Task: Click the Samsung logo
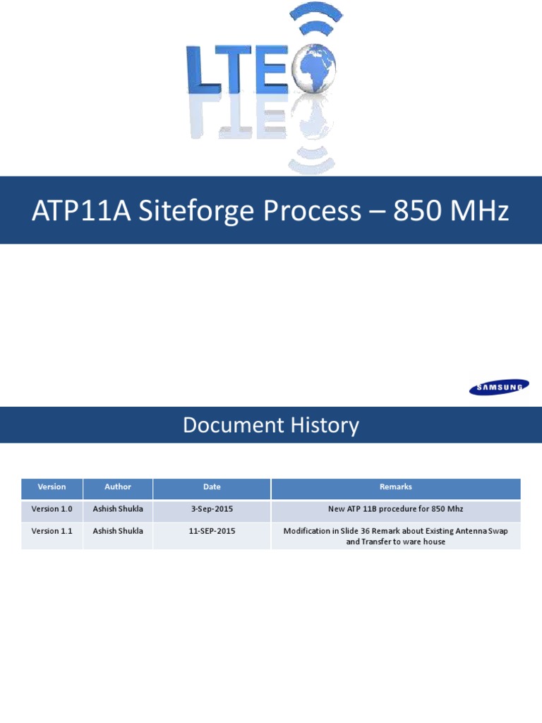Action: (x=500, y=386)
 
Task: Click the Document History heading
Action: (x=271, y=425)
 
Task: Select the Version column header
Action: (x=52, y=487)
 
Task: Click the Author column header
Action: (x=118, y=487)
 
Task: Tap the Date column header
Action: (x=212, y=487)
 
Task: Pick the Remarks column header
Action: (x=395, y=487)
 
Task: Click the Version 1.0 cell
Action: (x=52, y=508)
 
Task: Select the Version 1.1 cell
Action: (x=52, y=531)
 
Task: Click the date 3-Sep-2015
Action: (x=212, y=508)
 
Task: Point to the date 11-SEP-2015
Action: (x=212, y=531)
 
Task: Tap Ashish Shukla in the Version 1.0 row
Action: (x=118, y=508)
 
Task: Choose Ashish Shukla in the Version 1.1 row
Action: (x=118, y=531)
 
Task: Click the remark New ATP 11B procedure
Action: (x=395, y=508)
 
